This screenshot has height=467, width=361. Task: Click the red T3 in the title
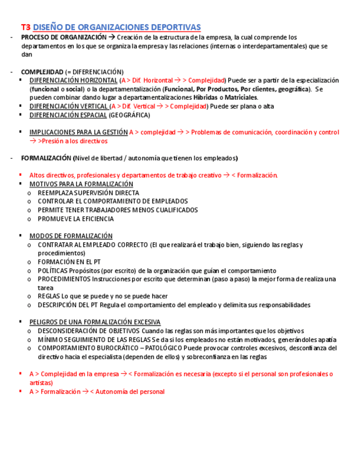[x=26, y=27]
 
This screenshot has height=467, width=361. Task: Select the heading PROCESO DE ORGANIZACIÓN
[x=64, y=37]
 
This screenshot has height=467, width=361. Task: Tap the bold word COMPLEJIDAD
[x=42, y=72]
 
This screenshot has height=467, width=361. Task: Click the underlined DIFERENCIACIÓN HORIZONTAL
[x=73, y=80]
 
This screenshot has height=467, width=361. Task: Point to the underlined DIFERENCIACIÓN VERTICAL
[x=69, y=106]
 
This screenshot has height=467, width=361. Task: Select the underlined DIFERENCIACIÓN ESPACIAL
[x=68, y=115]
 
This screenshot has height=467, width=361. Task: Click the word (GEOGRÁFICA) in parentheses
[x=129, y=115]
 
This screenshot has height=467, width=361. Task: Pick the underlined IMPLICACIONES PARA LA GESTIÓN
[x=78, y=132]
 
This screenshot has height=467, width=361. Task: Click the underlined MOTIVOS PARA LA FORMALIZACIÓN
[x=81, y=184]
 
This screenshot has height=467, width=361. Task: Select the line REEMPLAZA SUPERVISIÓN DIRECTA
[x=88, y=193]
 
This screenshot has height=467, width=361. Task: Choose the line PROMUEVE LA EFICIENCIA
[x=76, y=219]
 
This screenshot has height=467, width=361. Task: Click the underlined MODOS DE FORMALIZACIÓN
[x=71, y=236]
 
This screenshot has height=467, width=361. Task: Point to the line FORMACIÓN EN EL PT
[x=69, y=262]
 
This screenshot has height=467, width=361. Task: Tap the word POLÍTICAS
[x=53, y=271]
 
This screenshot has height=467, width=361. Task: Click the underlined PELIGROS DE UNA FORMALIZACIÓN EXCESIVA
[x=95, y=322]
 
